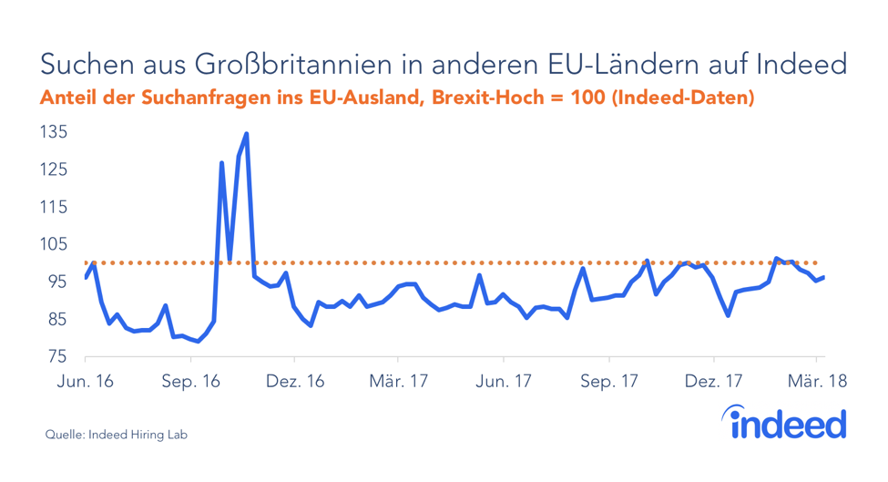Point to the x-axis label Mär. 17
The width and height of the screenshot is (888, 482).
pyautogui.click(x=399, y=383)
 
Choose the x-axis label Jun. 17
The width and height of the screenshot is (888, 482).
pyautogui.click(x=504, y=383)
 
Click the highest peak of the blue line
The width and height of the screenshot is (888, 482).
pyautogui.click(x=247, y=134)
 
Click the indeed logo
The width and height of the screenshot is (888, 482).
pyautogui.click(x=785, y=423)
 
